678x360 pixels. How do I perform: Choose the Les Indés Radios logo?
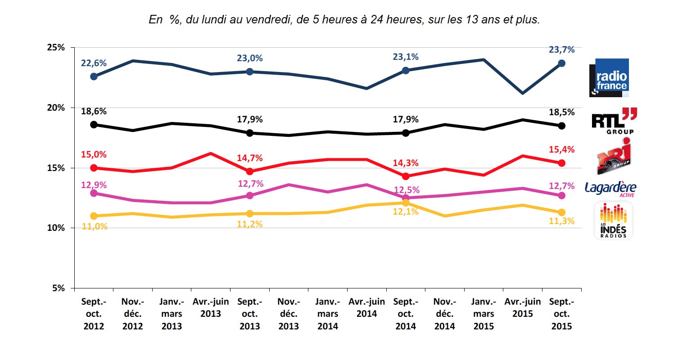pyautogui.click(x=613, y=220)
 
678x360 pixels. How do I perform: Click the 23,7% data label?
pyautogui.click(x=561, y=50)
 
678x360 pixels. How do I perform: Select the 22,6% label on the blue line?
pyautogui.click(x=94, y=63)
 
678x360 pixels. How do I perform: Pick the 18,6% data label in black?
pyautogui.click(x=94, y=112)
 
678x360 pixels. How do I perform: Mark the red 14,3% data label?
pyautogui.click(x=406, y=163)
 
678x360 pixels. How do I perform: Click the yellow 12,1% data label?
pyautogui.click(x=406, y=211)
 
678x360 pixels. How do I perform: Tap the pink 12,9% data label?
pyautogui.click(x=94, y=184)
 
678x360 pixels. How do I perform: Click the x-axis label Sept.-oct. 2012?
pyautogui.click(x=94, y=314)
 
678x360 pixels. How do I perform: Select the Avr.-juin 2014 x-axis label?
pyautogui.click(x=366, y=307)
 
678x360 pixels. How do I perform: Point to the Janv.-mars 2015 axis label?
pyautogui.click(x=484, y=314)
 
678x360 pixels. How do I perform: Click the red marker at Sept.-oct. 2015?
pyautogui.click(x=561, y=163)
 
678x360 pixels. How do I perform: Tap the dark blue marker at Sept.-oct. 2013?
pyautogui.click(x=250, y=72)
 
